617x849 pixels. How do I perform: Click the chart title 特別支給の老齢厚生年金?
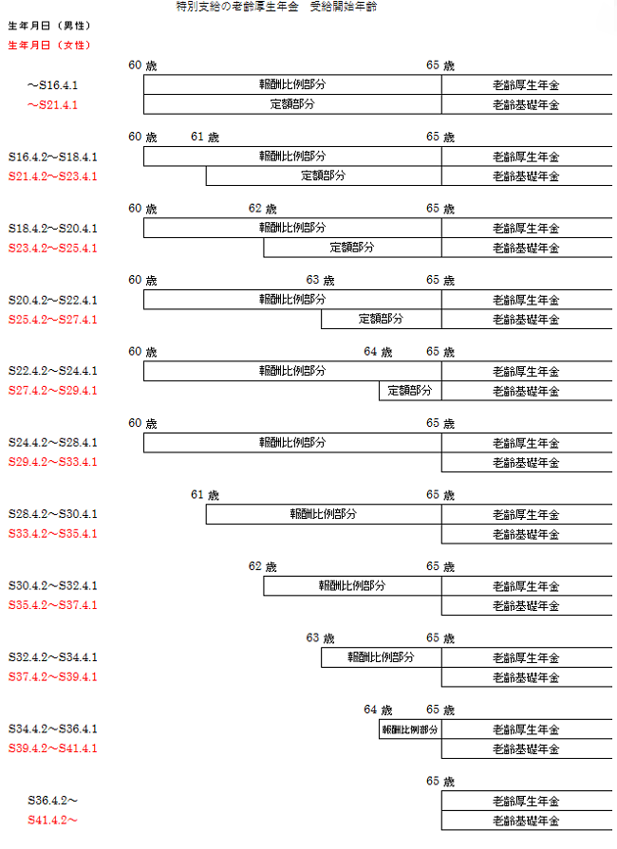coord(237,7)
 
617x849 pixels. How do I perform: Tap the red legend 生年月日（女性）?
coord(49,45)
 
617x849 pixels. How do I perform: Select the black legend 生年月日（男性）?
coord(49,26)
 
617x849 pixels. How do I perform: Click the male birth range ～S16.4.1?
coord(52,85)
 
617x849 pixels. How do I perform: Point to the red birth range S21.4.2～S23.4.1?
coord(52,176)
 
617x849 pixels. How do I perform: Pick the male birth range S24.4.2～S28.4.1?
coord(52,442)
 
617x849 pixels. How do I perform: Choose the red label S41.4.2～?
coord(52,820)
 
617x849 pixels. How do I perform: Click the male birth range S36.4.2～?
coord(52,801)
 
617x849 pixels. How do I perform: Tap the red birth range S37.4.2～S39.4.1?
coord(52,676)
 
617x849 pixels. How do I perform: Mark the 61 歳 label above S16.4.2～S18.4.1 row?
coord(205,137)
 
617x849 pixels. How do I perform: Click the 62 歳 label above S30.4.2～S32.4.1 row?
coord(263,567)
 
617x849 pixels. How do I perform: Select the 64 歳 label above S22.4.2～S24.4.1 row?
coord(378,352)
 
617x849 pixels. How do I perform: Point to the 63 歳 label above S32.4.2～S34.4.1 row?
coord(320,638)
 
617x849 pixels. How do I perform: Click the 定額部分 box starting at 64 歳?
coord(410,391)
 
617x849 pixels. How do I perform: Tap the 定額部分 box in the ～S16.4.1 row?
coord(292,104)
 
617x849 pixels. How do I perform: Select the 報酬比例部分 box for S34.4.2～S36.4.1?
coord(410,729)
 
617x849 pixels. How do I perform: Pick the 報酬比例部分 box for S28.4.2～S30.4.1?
coord(324,514)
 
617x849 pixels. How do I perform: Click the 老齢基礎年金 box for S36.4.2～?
coord(527,821)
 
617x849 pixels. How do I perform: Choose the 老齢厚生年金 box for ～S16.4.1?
coord(527,84)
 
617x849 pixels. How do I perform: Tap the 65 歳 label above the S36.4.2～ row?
coord(440,782)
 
